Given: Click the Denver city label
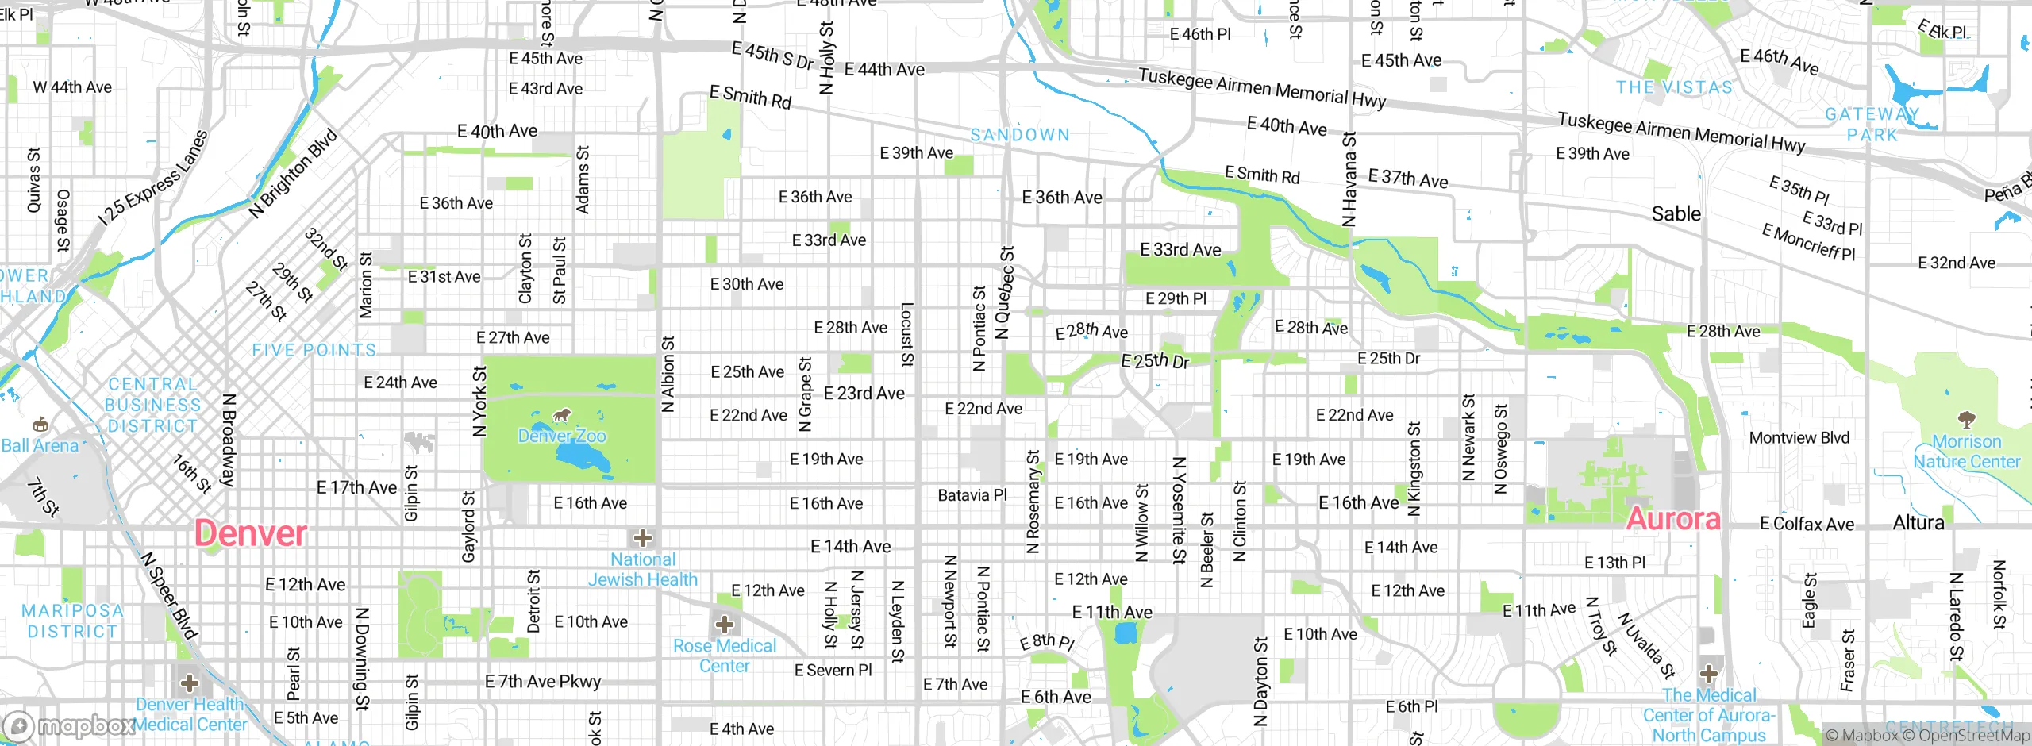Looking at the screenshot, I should pyautogui.click(x=250, y=533).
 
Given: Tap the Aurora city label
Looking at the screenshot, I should pyautogui.click(x=1673, y=520).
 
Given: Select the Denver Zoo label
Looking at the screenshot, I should pyautogui.click(x=562, y=436).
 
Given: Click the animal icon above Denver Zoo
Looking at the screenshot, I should pyautogui.click(x=562, y=415).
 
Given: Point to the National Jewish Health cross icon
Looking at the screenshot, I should pyautogui.click(x=643, y=539).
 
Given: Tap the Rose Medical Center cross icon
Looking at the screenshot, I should pyautogui.click(x=724, y=623).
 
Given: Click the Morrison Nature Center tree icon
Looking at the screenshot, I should pyautogui.click(x=1966, y=419).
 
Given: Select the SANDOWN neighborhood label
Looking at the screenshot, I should pyautogui.click(x=1020, y=136).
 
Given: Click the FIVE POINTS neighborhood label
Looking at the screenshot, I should pyautogui.click(x=314, y=350).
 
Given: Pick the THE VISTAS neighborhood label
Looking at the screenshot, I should pyautogui.click(x=1675, y=87).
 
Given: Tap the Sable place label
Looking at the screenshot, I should pyautogui.click(x=1676, y=214).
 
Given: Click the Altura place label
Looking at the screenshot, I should pyautogui.click(x=1918, y=523).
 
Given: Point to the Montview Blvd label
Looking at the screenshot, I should pyautogui.click(x=1799, y=438).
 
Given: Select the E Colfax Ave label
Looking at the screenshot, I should pyautogui.click(x=1807, y=525).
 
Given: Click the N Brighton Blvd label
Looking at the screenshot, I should pyautogui.click(x=293, y=173).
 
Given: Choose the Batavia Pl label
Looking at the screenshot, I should pyautogui.click(x=972, y=496).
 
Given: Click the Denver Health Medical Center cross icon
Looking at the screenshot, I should pyautogui.click(x=190, y=683).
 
